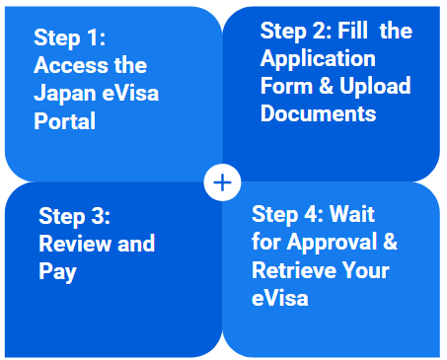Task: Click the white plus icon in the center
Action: coord(223,181)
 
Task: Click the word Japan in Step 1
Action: coord(63,94)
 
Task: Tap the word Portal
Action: coord(64,122)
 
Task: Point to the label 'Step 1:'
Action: coord(69,37)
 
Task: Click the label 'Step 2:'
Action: coord(295,32)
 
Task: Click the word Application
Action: coord(318,58)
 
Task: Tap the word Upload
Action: coord(374,86)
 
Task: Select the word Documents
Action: coord(318,113)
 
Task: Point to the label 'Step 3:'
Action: coord(74,216)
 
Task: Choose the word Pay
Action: coord(56,270)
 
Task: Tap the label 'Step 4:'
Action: coord(287,214)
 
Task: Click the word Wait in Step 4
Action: coord(352,214)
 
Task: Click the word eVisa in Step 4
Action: coord(280,297)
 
